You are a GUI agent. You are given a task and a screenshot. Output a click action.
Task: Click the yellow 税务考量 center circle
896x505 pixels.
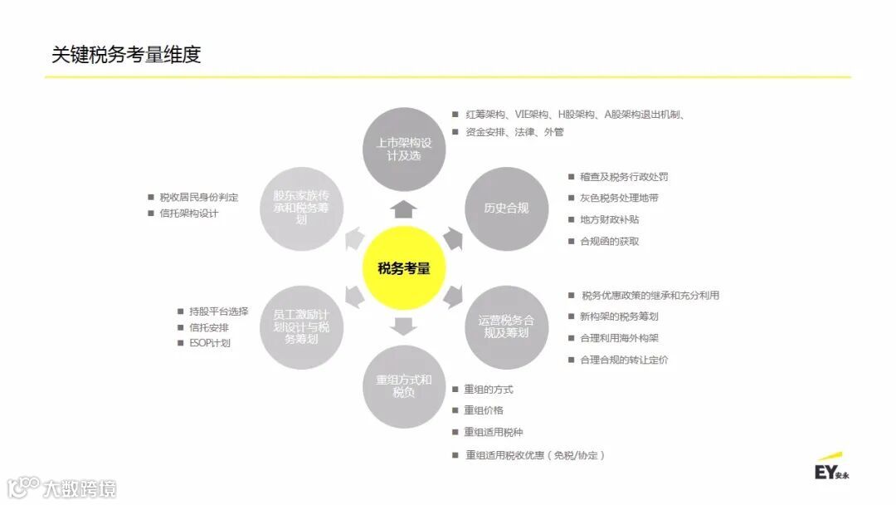click(404, 267)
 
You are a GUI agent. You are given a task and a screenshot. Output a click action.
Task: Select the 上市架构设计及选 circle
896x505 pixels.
click(404, 150)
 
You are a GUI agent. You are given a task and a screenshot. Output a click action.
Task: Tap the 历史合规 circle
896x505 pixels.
click(506, 208)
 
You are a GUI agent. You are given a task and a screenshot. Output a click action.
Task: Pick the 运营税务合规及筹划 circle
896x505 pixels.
click(506, 326)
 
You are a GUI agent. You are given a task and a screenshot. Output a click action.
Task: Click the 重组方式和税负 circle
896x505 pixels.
click(404, 386)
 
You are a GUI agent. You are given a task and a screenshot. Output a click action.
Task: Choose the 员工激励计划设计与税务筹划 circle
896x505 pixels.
click(301, 327)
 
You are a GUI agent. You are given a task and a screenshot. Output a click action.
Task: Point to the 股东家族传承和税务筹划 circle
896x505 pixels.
click(301, 208)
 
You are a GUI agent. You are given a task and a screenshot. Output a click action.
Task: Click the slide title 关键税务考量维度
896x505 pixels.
click(126, 55)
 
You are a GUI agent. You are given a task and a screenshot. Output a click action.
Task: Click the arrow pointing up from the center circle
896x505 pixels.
click(404, 208)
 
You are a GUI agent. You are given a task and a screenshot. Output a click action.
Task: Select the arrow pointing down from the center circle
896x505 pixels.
click(404, 326)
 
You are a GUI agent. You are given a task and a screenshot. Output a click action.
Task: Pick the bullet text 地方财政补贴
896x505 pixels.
click(609, 219)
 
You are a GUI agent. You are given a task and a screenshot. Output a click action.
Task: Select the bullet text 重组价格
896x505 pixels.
click(483, 410)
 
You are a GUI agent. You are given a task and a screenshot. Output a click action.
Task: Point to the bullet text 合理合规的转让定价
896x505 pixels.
click(624, 360)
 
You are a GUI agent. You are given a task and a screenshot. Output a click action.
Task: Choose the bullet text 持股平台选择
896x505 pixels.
click(218, 311)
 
